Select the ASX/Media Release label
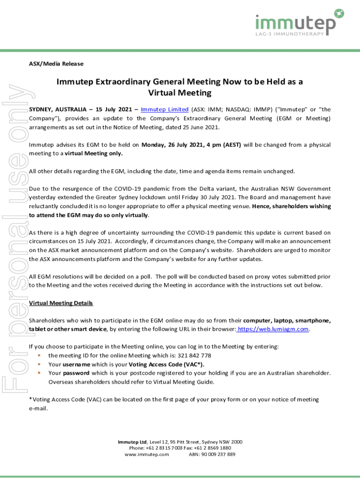[x=56, y=64]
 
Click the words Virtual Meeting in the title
[x=180, y=93]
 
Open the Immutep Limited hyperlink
[x=165, y=109]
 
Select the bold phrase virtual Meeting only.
[x=94, y=153]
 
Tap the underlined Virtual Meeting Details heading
[x=61, y=303]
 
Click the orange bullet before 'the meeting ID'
[x=39, y=356]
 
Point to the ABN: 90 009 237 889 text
[x=212, y=454]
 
